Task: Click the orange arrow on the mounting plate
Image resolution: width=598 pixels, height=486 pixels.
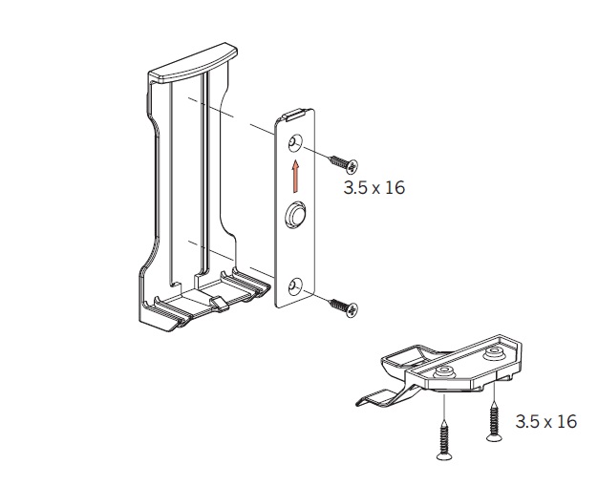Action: point(295,176)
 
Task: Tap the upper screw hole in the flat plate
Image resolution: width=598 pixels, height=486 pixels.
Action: point(295,143)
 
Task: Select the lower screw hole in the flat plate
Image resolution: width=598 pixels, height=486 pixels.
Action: point(295,287)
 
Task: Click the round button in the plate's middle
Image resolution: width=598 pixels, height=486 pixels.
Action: point(295,214)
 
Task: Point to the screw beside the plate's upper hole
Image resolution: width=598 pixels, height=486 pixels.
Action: point(344,162)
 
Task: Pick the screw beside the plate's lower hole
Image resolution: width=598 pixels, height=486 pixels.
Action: point(344,306)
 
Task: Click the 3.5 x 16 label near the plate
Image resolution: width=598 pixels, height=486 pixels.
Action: point(374,188)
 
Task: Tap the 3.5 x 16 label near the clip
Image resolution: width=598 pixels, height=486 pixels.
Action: point(546,422)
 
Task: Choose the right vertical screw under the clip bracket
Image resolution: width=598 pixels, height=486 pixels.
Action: point(494,423)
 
